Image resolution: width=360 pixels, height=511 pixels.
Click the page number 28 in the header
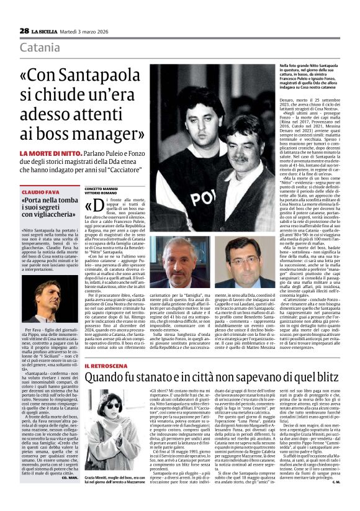click(24, 30)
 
